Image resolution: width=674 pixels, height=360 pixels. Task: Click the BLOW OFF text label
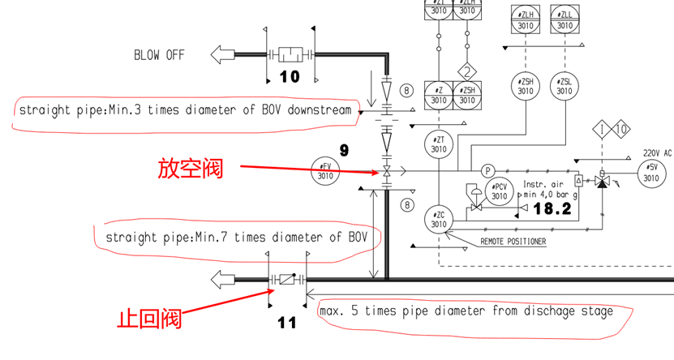click(159, 55)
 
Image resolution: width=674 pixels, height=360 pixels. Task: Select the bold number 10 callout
click(290, 77)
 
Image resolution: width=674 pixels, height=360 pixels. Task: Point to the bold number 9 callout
click(343, 151)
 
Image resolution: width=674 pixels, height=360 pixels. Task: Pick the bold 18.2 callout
click(552, 208)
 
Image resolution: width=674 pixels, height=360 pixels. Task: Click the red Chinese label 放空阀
click(189, 169)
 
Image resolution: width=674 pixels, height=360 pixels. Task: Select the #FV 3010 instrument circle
click(325, 171)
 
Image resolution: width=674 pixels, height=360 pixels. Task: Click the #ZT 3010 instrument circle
click(439, 144)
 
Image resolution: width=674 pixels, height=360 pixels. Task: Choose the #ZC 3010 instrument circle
click(439, 219)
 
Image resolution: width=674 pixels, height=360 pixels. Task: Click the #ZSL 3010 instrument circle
click(565, 85)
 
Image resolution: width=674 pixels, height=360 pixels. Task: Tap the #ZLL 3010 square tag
click(565, 18)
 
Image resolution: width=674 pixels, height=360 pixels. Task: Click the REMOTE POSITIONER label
click(514, 242)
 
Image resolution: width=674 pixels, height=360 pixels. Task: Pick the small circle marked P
click(488, 171)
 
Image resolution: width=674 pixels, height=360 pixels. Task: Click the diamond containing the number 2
click(466, 70)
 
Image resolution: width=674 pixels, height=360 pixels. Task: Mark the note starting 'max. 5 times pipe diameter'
click(466, 311)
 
